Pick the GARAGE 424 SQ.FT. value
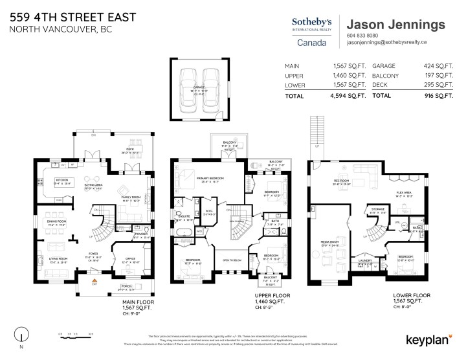point(436,65)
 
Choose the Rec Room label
point(340,181)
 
